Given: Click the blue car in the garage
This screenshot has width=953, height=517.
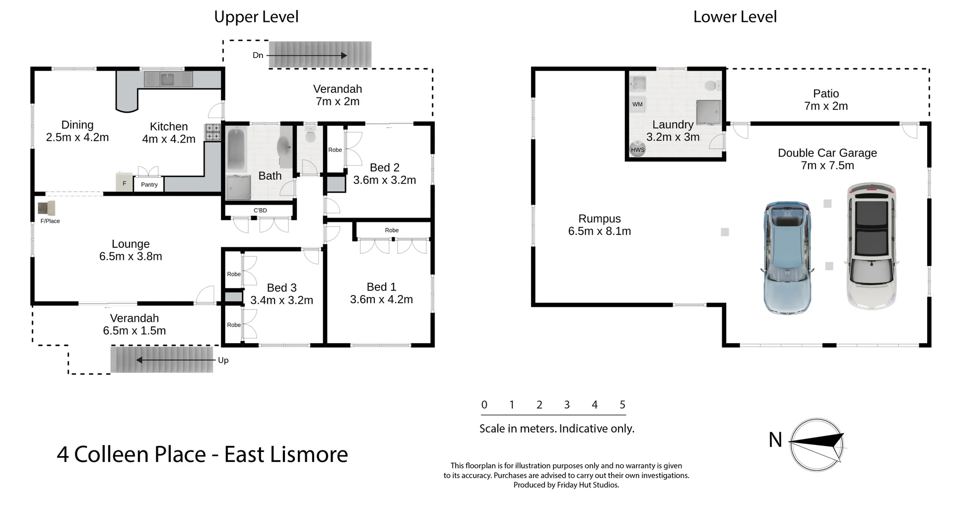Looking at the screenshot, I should (x=787, y=257).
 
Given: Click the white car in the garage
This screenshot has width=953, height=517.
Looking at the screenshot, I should (x=872, y=246).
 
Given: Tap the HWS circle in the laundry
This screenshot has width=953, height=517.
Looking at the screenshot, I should (x=637, y=149).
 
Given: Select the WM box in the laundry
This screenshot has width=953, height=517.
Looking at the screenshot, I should (x=637, y=104).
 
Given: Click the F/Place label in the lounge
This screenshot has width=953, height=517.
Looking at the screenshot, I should (x=50, y=221).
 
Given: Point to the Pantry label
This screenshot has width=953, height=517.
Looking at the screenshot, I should (x=149, y=184).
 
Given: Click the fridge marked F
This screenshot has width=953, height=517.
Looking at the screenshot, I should (x=124, y=183).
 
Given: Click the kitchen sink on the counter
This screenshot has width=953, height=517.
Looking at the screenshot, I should (x=167, y=79).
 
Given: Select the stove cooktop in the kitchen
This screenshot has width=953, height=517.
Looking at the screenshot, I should (x=213, y=132).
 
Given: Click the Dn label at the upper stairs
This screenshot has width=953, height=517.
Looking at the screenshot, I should (x=258, y=55).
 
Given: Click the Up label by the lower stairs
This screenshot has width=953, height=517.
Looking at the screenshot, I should (x=223, y=360).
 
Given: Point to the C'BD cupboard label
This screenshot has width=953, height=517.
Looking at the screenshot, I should (x=260, y=211).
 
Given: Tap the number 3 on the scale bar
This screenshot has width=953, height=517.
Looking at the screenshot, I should (x=567, y=405).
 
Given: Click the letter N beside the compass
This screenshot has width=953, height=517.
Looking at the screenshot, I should (x=775, y=440).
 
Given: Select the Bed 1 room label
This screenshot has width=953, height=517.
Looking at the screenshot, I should (x=381, y=287).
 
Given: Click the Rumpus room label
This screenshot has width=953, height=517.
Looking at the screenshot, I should (x=599, y=219).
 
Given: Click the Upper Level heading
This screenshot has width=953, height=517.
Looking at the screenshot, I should (x=256, y=17).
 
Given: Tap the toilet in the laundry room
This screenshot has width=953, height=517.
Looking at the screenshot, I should (x=711, y=86).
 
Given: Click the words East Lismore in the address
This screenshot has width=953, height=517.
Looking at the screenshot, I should (x=286, y=454).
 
